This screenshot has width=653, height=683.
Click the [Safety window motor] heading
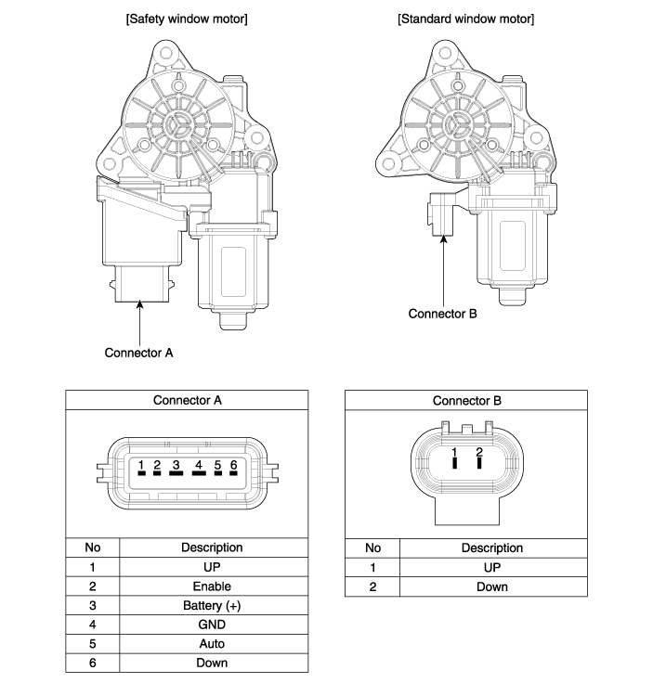coord(187,19)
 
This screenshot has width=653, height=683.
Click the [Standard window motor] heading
coord(465,19)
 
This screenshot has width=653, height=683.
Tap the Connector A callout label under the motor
coord(138,353)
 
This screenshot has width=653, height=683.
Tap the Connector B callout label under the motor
coord(442,314)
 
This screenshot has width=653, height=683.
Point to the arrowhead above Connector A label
coord(139,304)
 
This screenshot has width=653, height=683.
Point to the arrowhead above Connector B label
coord(443,239)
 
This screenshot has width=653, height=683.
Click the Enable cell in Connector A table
coord(213,586)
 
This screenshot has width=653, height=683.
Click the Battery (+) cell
coord(213,605)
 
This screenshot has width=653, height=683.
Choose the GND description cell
coord(213,625)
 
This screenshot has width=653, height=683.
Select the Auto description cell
coord(213,644)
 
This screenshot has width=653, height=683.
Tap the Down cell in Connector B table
coord(493,586)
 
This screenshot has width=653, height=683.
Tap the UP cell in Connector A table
coord(213,567)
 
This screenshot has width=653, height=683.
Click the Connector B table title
coord(466,401)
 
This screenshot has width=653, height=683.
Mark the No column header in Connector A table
coord(92,548)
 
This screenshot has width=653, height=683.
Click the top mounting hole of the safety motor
coord(166,54)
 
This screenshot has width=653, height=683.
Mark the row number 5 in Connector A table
coord(92,644)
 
